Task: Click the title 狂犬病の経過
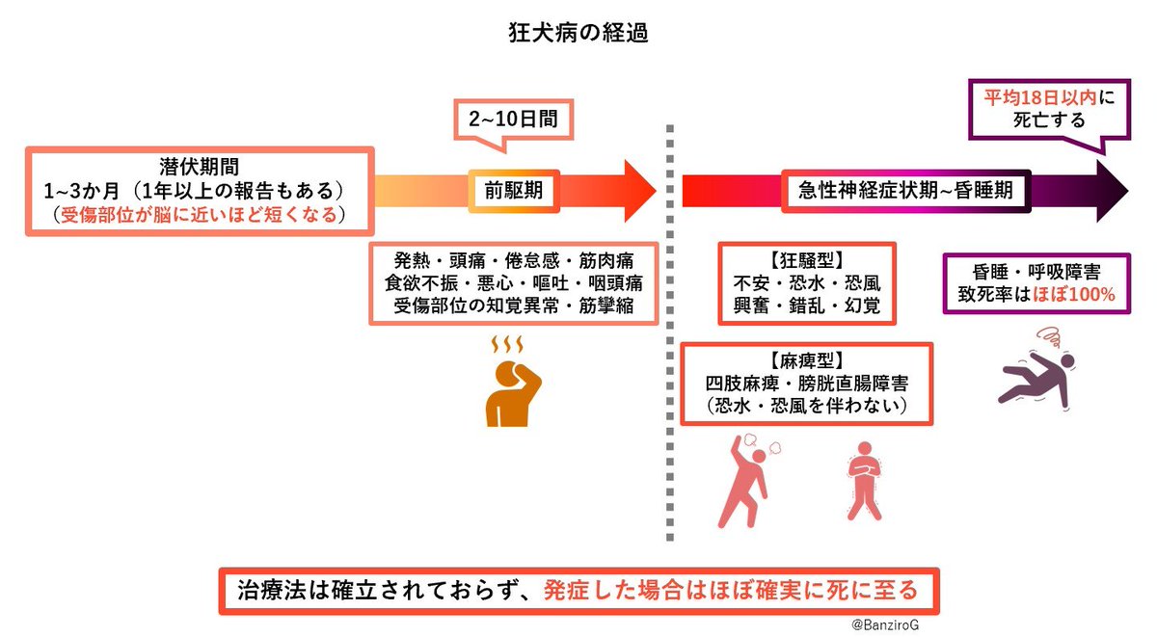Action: [578, 33]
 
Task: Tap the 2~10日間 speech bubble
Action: [513, 119]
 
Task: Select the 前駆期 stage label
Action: [513, 191]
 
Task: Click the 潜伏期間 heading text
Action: [200, 167]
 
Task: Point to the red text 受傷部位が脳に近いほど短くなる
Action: [200, 215]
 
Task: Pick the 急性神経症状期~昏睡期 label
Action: [906, 191]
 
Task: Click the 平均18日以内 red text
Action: [1040, 97]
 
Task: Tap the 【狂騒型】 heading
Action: [807, 260]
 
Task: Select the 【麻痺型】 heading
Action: [807, 360]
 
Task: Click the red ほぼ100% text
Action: [1074, 295]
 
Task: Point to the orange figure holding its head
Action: [513, 394]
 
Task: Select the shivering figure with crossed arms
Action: [864, 481]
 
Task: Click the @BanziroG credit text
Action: [885, 625]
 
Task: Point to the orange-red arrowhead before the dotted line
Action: [640, 191]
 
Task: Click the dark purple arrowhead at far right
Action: [1113, 191]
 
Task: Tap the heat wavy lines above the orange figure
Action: [507, 344]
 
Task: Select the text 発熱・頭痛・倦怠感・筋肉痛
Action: [514, 261]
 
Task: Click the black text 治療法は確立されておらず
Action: [385, 591]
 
